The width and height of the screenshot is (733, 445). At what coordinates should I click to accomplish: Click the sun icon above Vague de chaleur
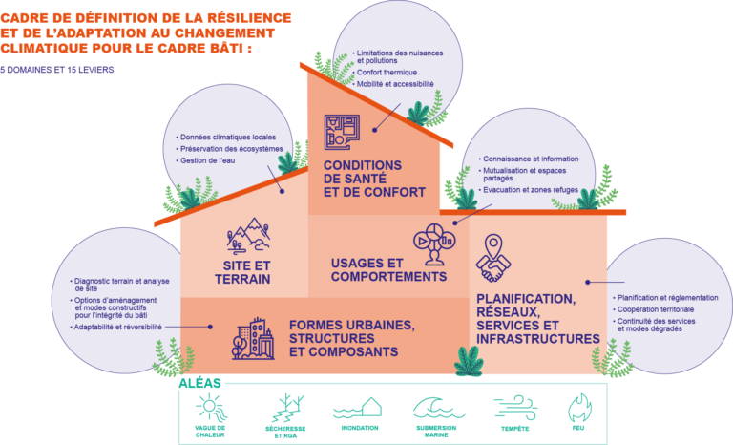click(x=211, y=408)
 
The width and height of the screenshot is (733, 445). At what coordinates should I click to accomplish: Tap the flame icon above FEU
click(x=579, y=408)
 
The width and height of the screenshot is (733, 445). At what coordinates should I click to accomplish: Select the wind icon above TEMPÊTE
click(x=515, y=407)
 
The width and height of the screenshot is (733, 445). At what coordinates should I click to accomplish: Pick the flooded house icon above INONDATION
click(x=358, y=408)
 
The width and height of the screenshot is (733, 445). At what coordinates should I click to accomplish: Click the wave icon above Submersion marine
click(x=438, y=408)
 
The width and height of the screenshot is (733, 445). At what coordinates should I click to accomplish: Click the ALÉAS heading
click(x=199, y=383)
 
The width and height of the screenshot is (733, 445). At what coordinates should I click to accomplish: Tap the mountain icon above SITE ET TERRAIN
click(x=248, y=235)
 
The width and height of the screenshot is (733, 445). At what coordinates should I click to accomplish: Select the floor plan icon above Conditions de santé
click(x=342, y=132)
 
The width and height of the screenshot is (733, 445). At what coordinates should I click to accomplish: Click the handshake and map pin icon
click(x=493, y=258)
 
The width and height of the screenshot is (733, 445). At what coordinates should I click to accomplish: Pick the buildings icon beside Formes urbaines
click(x=253, y=339)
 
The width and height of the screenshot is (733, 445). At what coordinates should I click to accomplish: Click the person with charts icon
click(x=434, y=244)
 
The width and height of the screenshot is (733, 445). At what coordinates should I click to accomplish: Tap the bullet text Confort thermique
click(x=387, y=73)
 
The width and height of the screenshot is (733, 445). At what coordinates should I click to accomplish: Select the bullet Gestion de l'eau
click(x=205, y=160)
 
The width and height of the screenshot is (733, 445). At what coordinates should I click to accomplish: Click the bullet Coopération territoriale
click(x=653, y=309)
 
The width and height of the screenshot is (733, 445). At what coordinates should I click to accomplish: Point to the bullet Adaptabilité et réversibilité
click(x=115, y=328)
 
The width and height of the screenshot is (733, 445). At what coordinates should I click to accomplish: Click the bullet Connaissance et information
click(x=529, y=159)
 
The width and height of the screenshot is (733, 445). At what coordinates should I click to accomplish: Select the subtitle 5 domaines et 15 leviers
click(x=57, y=70)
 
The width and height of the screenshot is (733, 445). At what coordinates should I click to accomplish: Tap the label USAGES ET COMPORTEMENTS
click(x=389, y=270)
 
